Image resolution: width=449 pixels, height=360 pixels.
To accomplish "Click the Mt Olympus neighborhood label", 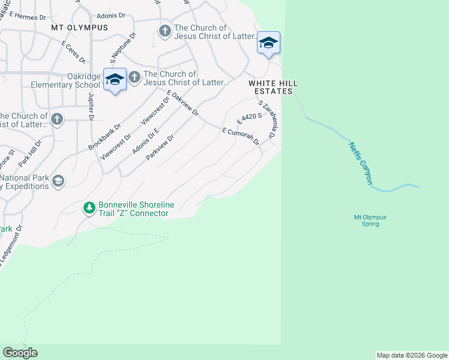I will [x=79, y=28].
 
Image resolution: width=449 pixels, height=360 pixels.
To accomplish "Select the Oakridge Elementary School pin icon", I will [x=114, y=79].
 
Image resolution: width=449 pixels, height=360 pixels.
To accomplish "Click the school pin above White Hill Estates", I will [x=268, y=43].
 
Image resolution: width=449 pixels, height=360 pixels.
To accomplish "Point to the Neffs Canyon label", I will [x=360, y=162].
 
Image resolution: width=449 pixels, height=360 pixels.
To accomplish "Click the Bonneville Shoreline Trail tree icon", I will [x=89, y=208].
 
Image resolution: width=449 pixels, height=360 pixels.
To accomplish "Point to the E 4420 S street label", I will [x=249, y=118].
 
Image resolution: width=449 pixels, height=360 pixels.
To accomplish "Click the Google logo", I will [x=20, y=353].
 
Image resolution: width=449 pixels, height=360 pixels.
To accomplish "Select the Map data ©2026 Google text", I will [x=412, y=355].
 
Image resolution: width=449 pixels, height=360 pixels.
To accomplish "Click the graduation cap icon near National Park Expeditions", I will [x=58, y=181].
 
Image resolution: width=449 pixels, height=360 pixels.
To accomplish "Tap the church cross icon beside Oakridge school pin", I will [x=134, y=77].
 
